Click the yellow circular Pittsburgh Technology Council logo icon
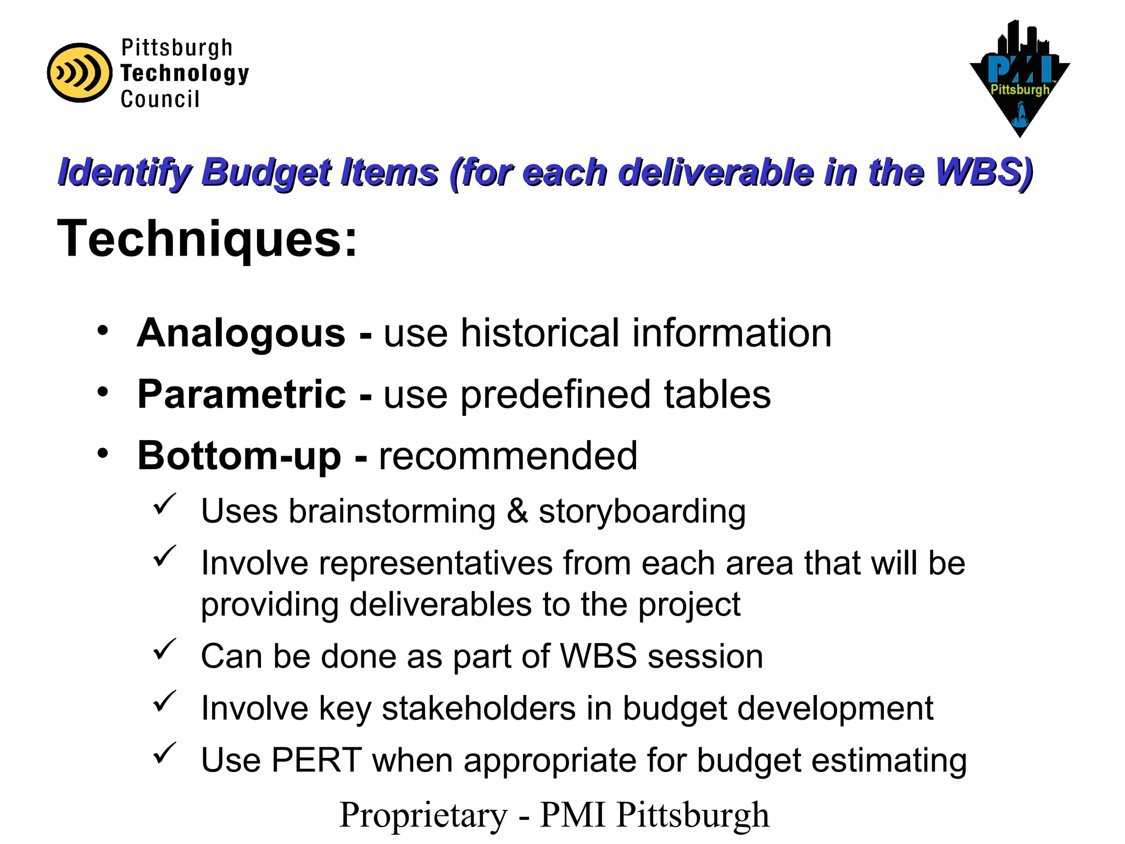[x=79, y=73]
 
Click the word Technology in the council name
[x=185, y=74]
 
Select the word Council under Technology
[x=160, y=99]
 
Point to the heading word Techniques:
[x=207, y=239]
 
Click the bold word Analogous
[x=241, y=334]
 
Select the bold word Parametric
[x=242, y=395]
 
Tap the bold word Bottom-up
[x=239, y=456]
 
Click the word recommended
[x=508, y=456]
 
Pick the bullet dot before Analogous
[x=102, y=331]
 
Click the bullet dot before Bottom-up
[x=102, y=454]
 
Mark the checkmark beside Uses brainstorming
[x=164, y=504]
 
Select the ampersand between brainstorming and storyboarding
[x=517, y=512]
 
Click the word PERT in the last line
[x=316, y=760]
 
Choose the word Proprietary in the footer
[x=424, y=815]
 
